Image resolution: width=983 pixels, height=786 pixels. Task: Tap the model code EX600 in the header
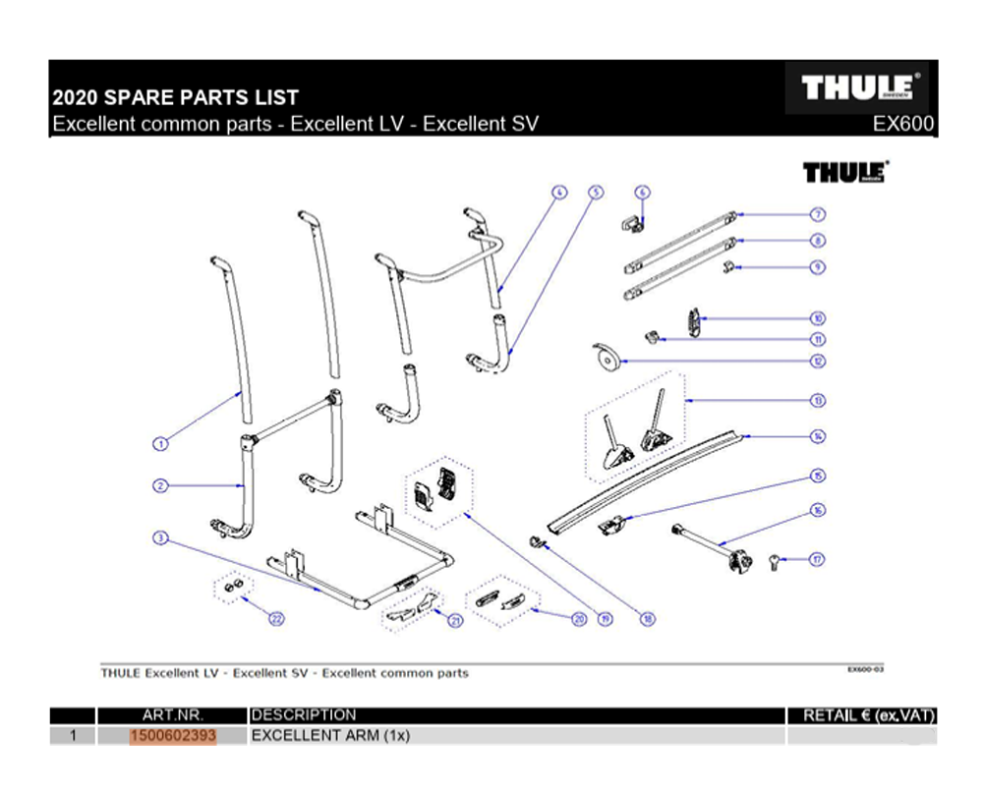click(x=903, y=126)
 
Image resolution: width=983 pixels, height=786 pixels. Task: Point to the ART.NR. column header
click(x=172, y=715)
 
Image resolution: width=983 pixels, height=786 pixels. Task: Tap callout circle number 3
click(x=160, y=537)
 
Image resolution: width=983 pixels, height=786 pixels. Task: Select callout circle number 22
click(x=277, y=619)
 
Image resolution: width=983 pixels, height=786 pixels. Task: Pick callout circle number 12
click(x=818, y=361)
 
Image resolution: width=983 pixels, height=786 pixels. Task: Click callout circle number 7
click(x=818, y=214)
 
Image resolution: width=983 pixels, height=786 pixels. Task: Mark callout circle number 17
click(x=817, y=559)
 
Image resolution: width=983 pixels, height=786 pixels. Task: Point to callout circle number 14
click(x=818, y=436)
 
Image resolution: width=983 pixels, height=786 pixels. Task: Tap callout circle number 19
click(x=606, y=619)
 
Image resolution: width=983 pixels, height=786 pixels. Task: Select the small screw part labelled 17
click(x=773, y=562)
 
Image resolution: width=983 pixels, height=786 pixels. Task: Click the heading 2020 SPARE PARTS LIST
click(x=175, y=98)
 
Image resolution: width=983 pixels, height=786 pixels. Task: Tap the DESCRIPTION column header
click(x=305, y=715)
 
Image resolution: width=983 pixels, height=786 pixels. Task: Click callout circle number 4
click(x=559, y=193)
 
